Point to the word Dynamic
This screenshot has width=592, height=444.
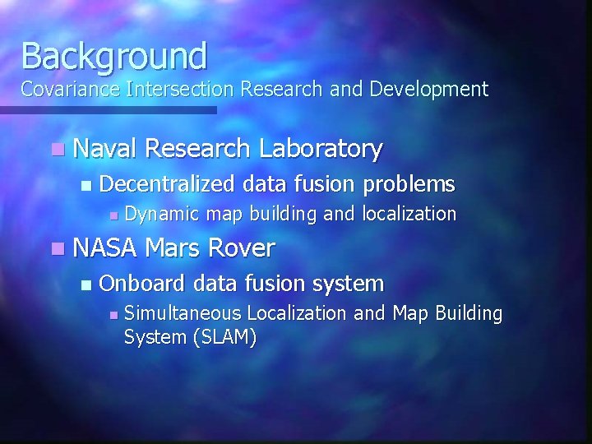[x=162, y=215]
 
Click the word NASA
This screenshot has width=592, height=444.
[x=104, y=247]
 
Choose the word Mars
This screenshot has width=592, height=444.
[x=172, y=247]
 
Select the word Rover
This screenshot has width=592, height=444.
[x=242, y=247]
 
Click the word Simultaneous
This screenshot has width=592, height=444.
[x=183, y=313]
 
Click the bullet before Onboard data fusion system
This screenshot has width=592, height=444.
[x=87, y=284]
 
